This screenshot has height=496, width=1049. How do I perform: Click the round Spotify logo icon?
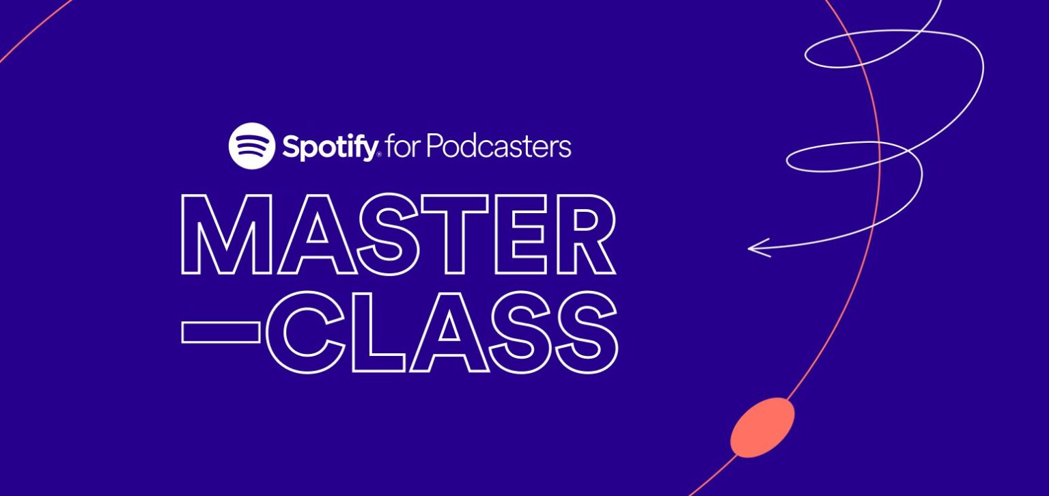click(251, 146)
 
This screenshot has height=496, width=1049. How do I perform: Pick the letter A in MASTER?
click(314, 234)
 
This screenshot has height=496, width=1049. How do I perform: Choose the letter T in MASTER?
click(453, 234)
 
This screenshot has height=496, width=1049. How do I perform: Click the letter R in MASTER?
click(582, 234)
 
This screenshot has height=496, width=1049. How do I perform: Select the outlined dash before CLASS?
click(221, 332)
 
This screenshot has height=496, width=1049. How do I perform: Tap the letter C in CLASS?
click(315, 332)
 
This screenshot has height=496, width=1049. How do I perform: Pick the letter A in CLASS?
click(447, 332)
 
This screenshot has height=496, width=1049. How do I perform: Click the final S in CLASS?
click(585, 332)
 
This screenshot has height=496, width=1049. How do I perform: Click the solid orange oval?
click(762, 427)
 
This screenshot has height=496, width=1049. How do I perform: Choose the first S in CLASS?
click(517, 332)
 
